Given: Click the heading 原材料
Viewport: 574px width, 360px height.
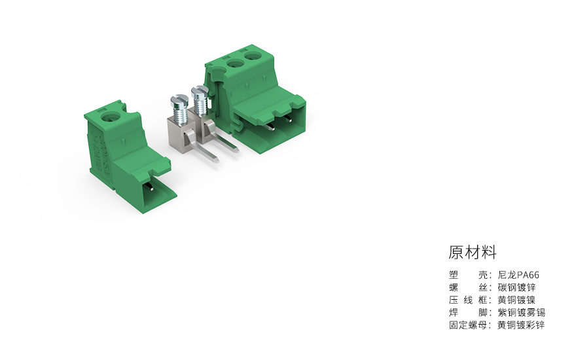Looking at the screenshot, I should (x=473, y=252).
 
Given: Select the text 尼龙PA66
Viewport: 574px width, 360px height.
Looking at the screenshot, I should (x=518, y=276).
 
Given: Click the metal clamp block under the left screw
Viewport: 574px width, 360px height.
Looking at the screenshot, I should (x=179, y=134).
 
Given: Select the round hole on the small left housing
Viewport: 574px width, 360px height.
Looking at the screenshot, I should (x=109, y=119).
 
